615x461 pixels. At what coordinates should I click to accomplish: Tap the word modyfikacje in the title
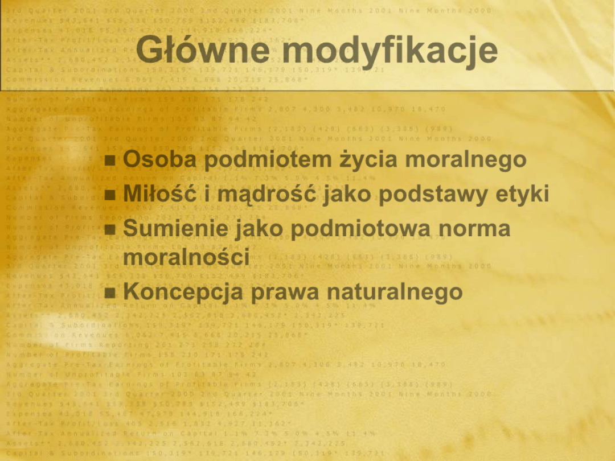391,51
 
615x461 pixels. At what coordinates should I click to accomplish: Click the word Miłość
160,195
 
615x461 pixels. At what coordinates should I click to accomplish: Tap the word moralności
186,257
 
